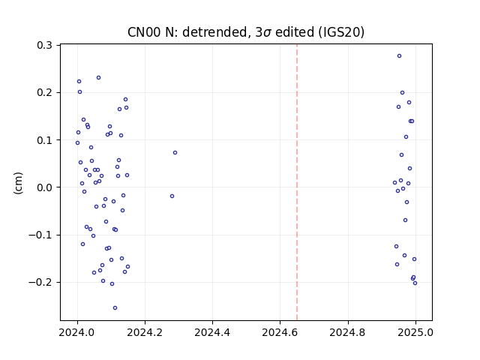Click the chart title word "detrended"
[214, 31]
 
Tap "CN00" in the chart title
[144, 31]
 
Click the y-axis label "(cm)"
[18, 183]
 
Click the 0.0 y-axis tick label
[45, 187]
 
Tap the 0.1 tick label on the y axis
[45, 140]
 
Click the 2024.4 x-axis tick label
[212, 332]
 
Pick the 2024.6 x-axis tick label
[280, 332]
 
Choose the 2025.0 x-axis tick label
[415, 332]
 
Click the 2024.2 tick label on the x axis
[145, 332]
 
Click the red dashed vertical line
[297, 182]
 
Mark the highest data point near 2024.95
[399, 56]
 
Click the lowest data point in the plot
[115, 308]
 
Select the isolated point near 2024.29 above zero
[175, 153]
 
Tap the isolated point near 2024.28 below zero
[172, 196]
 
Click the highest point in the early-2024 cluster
[98, 78]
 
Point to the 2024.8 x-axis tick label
[347, 332]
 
